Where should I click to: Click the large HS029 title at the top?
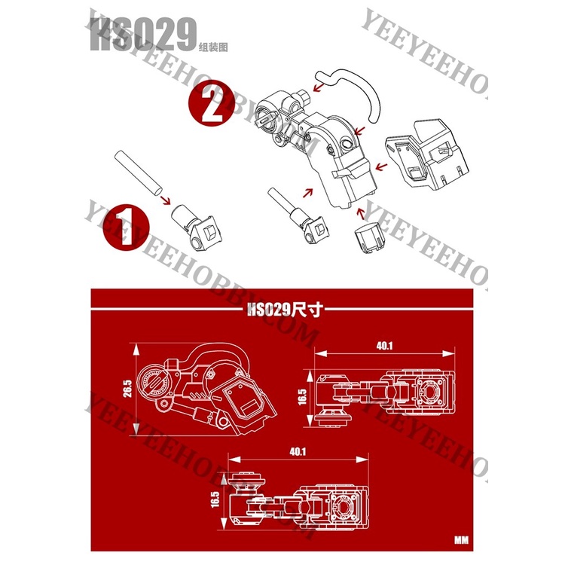point(143,34)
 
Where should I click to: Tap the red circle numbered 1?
point(126,227)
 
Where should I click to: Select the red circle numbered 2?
point(212,102)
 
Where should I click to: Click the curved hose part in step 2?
point(351,93)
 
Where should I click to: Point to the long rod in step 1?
point(139,174)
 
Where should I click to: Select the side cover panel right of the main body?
point(427,154)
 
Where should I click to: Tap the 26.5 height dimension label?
point(127,389)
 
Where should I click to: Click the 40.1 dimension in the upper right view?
point(384,346)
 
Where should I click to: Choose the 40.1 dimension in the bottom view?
point(298,451)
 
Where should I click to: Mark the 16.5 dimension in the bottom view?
point(215,499)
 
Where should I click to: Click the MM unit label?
point(461,540)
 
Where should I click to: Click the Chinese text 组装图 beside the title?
point(213,47)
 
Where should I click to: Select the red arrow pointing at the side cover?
point(381,166)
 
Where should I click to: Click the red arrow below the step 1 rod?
point(166,200)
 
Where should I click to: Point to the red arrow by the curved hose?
point(318,87)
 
